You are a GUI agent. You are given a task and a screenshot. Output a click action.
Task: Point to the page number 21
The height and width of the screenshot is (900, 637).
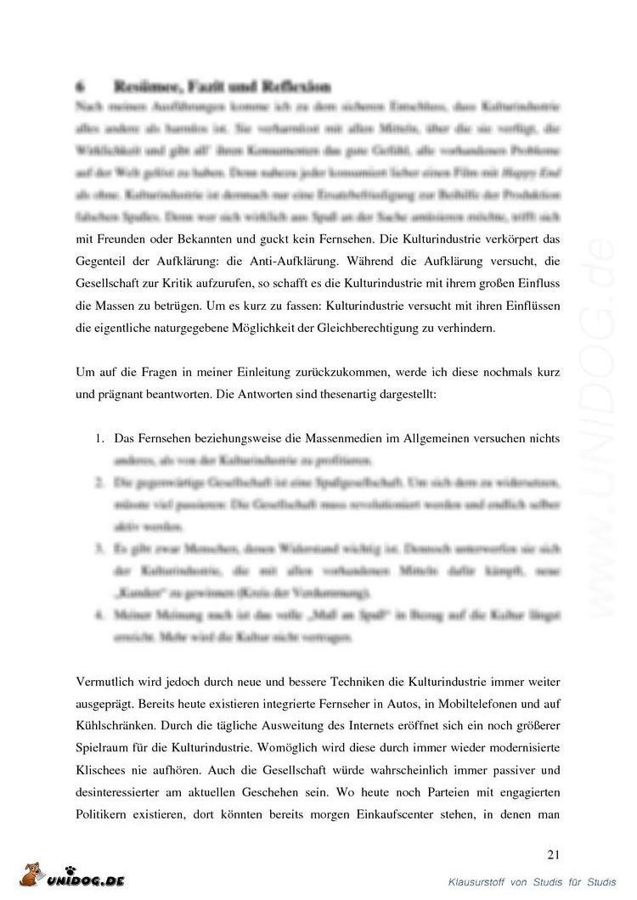554,853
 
